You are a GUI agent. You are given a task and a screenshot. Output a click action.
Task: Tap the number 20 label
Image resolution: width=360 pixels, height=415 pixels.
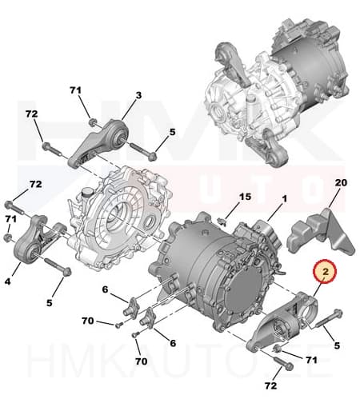pos(341,182)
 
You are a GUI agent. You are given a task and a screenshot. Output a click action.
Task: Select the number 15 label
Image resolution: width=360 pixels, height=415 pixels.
pos(246,197)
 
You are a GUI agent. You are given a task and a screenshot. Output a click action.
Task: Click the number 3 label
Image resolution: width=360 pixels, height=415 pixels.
pos(138,95)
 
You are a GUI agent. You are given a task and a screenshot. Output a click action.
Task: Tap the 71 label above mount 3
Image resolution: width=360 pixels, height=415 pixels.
pos(77,91)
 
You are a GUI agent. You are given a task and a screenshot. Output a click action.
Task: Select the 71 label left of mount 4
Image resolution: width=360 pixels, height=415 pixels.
pos(10,219)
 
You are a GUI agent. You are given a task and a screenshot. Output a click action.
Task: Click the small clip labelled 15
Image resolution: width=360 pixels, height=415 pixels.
pos(227,213)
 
